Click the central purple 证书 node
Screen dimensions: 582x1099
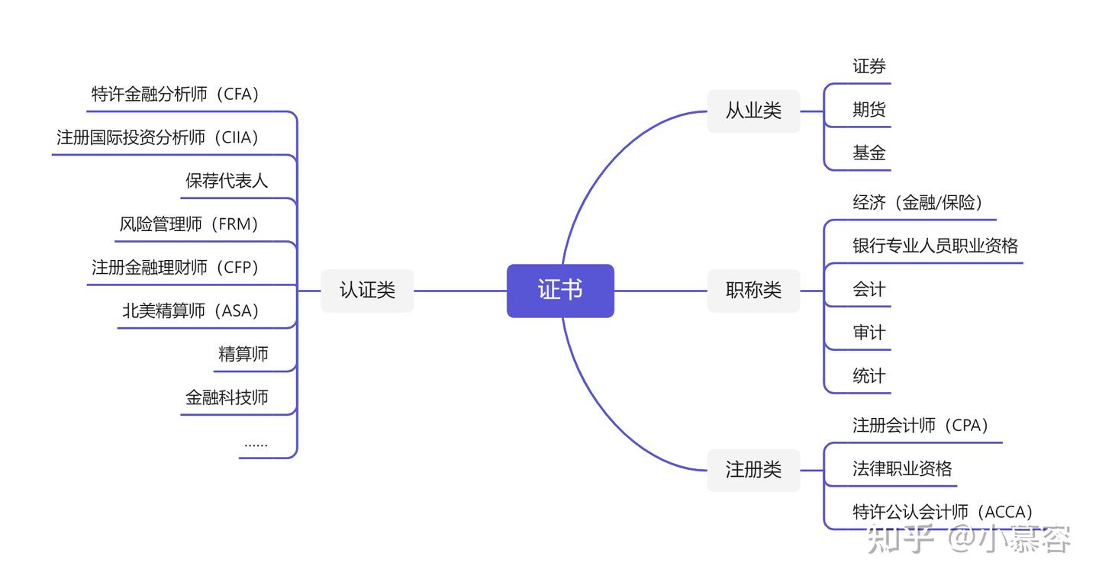[560, 291]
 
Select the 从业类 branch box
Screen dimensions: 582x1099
[753, 111]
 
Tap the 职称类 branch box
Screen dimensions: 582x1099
[753, 291]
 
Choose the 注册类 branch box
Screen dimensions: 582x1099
[753, 470]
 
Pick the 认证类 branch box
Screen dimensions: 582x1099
[367, 291]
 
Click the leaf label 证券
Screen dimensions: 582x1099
[869, 67]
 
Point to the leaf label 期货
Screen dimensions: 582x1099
[869, 111]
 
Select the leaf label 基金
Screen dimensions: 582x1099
[869, 153]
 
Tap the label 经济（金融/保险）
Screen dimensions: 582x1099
[918, 203]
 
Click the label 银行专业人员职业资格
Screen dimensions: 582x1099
[935, 246]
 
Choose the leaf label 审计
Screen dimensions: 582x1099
[869, 333]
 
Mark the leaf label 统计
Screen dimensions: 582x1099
[869, 377]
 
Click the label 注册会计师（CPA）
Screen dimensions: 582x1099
[921, 426]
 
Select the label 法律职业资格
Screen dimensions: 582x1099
[902, 469]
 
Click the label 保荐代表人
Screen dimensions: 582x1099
[227, 182]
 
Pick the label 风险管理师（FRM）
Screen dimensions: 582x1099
[191, 225]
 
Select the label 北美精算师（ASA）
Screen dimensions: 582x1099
[192, 311]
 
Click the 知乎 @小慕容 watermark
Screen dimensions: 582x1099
[969, 539]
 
